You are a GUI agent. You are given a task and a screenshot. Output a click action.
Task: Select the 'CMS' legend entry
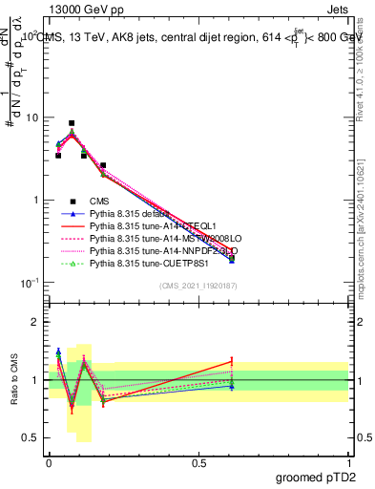pyautogui.click(x=100, y=201)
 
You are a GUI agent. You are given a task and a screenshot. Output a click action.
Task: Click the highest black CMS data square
pyautogui.click(x=72, y=123)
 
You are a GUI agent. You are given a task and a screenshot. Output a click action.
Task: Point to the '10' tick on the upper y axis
pyautogui.click(x=31, y=117)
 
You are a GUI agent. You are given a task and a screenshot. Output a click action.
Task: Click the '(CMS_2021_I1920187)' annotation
pyautogui.click(x=198, y=286)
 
